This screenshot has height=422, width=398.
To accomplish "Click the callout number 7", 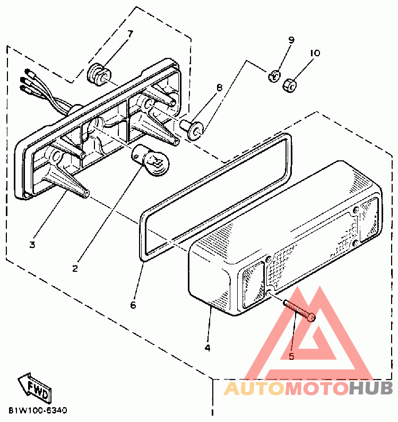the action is [130, 34].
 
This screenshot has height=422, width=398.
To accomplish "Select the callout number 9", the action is [291, 40].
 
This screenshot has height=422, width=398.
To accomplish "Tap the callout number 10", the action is [315, 53].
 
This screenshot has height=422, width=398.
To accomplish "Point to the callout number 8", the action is [220, 88].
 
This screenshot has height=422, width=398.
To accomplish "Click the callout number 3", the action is [32, 245].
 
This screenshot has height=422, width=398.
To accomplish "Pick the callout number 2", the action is [75, 268].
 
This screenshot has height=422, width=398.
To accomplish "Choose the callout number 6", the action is [133, 305].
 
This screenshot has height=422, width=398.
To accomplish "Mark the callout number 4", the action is [207, 348].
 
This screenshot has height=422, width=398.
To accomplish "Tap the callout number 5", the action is [291, 356].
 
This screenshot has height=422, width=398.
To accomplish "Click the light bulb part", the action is [150, 160].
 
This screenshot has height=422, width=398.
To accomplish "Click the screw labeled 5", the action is [299, 311].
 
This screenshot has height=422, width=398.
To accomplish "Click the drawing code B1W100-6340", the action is [38, 410].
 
